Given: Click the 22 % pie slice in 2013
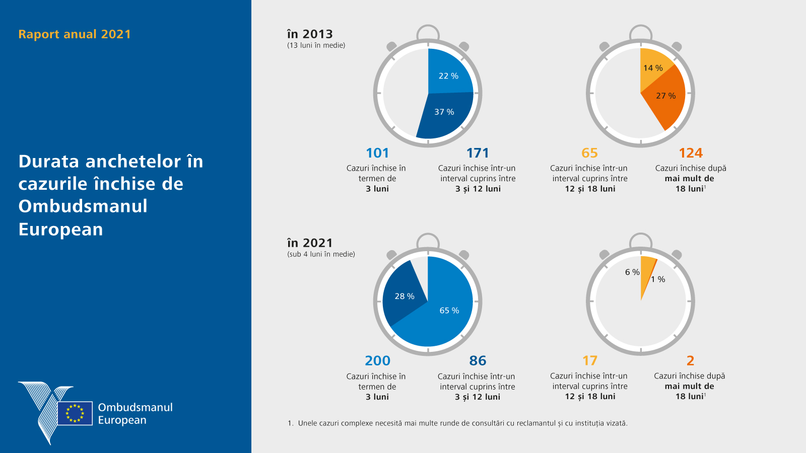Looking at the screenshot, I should point(448,73).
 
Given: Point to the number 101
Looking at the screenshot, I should point(377,153).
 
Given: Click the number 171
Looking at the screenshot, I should point(478,153).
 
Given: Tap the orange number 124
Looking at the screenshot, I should point(690,153).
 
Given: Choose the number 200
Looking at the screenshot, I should point(377,361).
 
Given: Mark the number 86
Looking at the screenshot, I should point(478,361).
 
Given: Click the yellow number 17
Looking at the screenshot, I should point(590,361).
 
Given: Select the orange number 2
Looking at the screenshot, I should point(690,361).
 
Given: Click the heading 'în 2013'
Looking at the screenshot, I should point(310,34).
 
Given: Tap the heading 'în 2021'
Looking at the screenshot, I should point(310,243).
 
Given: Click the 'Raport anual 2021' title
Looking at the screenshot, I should point(75,34).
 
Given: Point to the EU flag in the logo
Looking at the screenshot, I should point(75,413).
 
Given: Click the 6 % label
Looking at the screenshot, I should point(632,272).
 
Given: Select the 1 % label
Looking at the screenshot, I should point(658,279).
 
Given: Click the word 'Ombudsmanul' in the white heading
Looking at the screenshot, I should point(83,206).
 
